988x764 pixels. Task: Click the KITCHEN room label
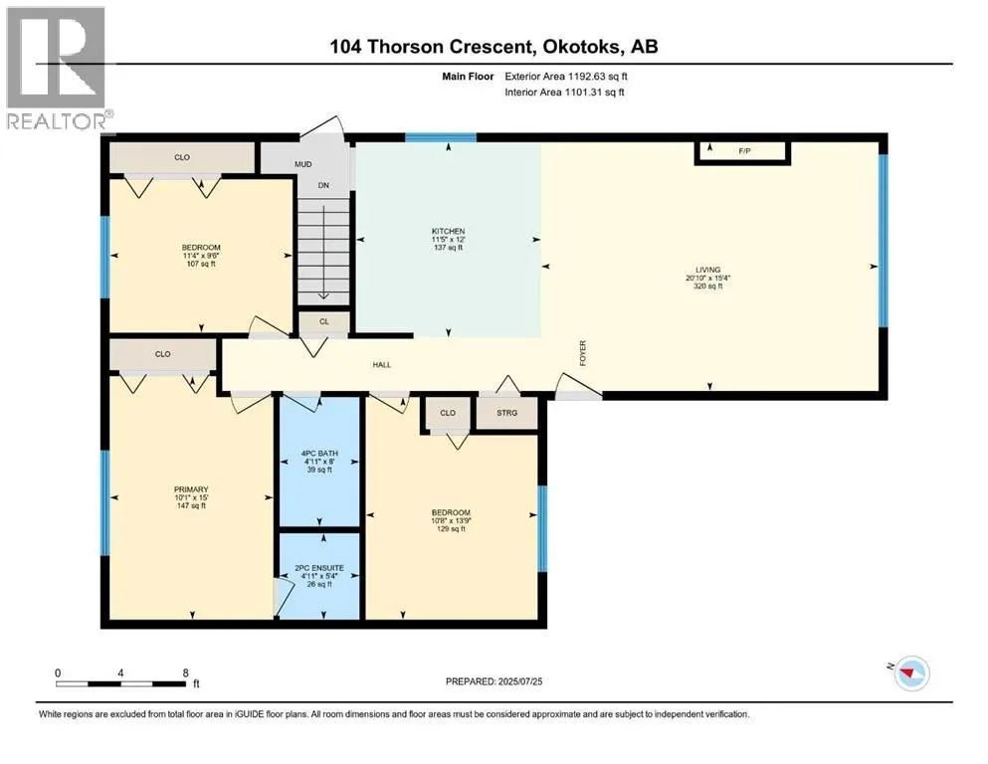(448, 231)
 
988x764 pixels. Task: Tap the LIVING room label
(708, 270)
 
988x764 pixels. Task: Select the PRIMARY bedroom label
(191, 489)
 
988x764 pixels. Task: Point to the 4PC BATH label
(319, 454)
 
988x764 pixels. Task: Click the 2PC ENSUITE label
(319, 568)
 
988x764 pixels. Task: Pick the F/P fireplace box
(743, 152)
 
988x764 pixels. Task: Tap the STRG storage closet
(506, 413)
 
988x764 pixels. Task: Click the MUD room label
(303, 164)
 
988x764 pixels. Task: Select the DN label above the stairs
(323, 186)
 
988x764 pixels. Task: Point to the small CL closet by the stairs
(324, 321)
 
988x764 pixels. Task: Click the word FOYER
(583, 353)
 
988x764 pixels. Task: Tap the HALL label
(382, 365)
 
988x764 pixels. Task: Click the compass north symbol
(909, 672)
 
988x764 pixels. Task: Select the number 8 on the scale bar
(185, 672)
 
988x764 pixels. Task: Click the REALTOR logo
(57, 68)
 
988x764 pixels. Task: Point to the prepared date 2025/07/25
(519, 681)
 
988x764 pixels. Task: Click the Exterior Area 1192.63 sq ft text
(566, 77)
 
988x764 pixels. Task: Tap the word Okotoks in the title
(582, 47)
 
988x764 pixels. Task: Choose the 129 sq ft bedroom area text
(451, 529)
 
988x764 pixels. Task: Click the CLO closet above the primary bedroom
(162, 354)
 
